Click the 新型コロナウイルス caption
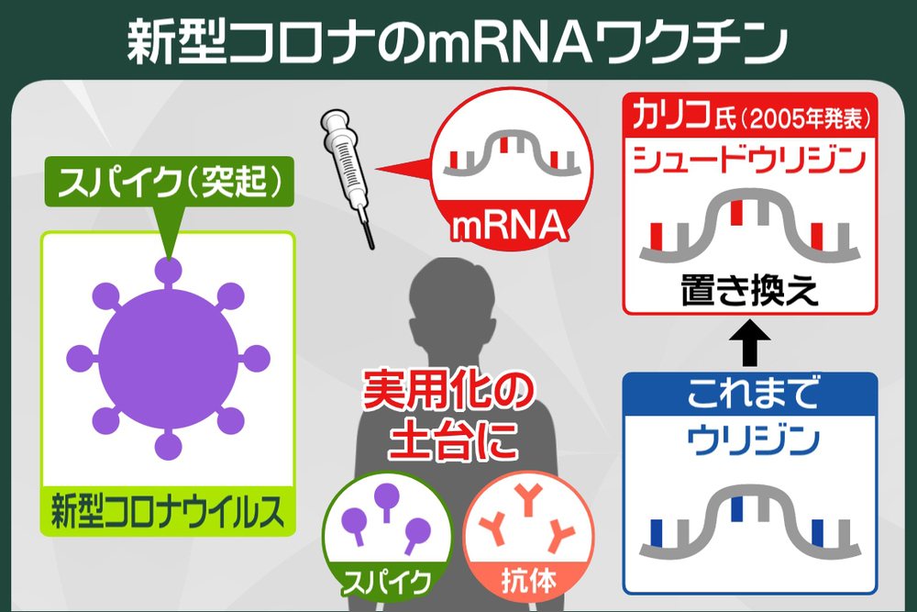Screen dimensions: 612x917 point(167,512)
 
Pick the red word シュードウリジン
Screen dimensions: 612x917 point(749,161)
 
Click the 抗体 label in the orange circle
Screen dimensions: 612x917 point(529,579)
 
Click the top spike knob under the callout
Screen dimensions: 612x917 point(168,272)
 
